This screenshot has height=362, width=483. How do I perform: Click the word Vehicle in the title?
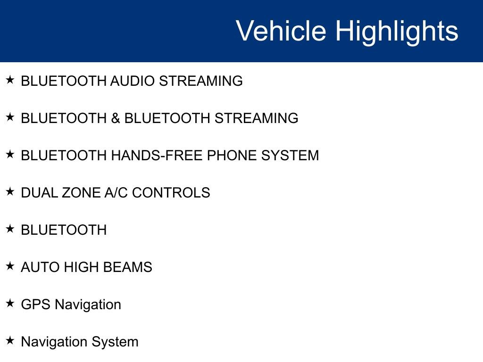281,31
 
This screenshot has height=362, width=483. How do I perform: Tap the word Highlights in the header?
397,33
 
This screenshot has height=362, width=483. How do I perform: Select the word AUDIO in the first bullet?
133,81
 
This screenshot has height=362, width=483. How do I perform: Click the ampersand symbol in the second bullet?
116,118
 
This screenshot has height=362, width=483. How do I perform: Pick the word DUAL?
39,193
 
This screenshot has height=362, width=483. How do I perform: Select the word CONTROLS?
171,193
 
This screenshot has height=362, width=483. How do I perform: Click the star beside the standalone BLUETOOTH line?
10,229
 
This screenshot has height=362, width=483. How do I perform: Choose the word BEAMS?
127,267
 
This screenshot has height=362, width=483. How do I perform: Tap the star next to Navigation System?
10,340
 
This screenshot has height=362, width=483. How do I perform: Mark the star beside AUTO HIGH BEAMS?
10,266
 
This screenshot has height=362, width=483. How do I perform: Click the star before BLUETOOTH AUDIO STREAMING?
10,80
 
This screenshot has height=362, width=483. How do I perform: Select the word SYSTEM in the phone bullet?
290,156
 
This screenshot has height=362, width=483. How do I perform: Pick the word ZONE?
81,193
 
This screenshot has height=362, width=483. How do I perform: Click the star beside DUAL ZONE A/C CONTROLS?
10,191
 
